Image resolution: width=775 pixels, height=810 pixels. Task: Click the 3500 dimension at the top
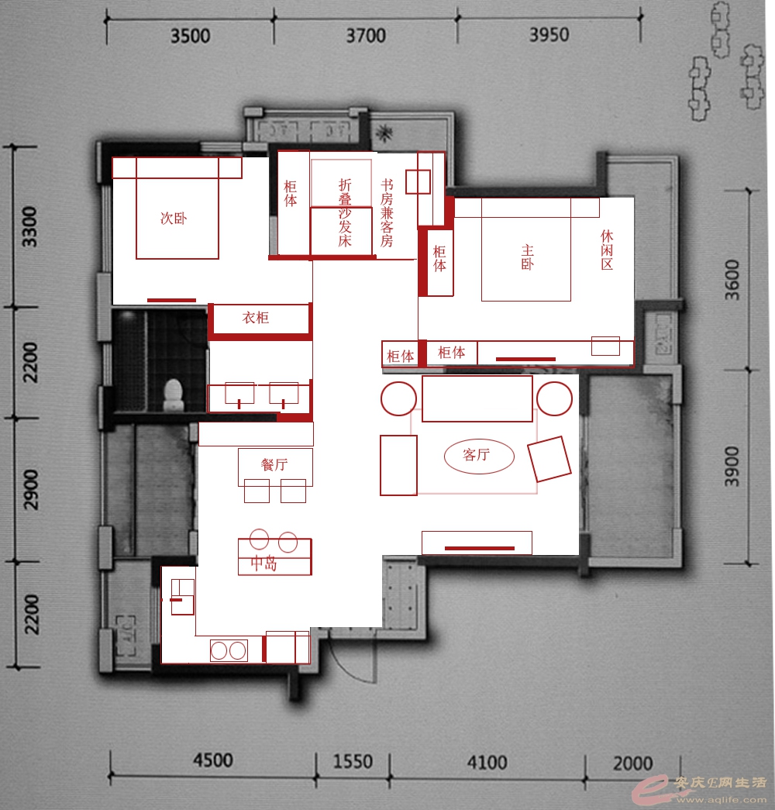(190, 36)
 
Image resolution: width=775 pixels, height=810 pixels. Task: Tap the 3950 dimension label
(549, 35)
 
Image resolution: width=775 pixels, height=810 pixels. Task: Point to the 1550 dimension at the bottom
(353, 761)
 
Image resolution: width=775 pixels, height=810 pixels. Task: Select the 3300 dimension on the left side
(30, 227)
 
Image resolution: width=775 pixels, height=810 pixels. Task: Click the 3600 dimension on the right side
(732, 280)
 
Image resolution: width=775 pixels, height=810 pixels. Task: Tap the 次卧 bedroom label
(174, 219)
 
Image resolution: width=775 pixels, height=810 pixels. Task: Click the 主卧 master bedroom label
(527, 257)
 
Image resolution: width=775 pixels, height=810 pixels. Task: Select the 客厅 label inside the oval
(477, 454)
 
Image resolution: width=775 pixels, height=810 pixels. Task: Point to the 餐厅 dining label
(274, 464)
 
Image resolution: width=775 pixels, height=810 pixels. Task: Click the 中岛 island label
(263, 563)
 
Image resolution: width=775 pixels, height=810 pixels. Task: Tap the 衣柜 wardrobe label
(256, 317)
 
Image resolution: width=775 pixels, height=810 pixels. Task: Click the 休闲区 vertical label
(607, 250)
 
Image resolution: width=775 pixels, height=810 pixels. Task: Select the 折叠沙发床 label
(345, 213)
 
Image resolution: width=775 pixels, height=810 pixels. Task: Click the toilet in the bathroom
(174, 395)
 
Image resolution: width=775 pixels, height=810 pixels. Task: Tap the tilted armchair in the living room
(549, 459)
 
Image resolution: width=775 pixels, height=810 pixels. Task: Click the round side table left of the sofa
(398, 398)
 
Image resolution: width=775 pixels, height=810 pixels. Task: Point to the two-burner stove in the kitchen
(229, 650)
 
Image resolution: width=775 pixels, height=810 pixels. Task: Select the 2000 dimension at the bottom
(632, 763)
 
